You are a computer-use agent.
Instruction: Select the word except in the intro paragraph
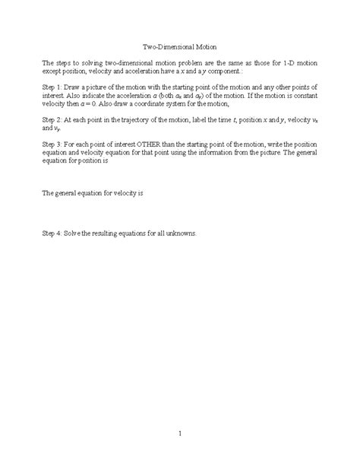click(52, 71)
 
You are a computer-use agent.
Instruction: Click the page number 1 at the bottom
click(180, 434)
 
